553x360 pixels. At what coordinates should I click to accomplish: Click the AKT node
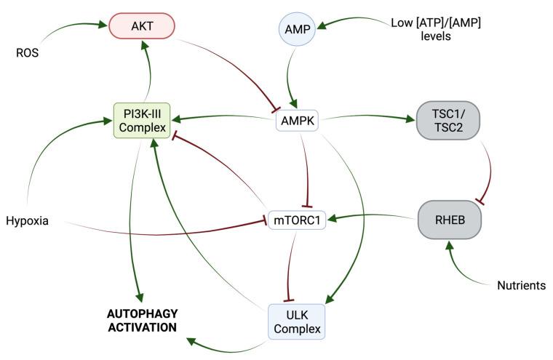click(142, 25)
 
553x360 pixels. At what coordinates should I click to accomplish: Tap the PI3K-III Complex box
click(142, 121)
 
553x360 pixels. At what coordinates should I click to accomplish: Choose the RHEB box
click(449, 217)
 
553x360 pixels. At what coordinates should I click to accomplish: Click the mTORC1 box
click(297, 218)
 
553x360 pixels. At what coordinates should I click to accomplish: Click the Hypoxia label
click(27, 220)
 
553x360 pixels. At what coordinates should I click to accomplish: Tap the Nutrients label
click(521, 286)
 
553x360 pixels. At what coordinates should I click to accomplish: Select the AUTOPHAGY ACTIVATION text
click(142, 320)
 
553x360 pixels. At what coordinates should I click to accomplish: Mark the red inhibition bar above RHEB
click(480, 199)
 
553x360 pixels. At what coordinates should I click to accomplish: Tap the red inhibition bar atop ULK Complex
click(290, 299)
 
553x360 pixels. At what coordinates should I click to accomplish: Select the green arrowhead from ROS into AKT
click(103, 25)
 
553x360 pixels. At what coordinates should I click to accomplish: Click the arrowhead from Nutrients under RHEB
click(450, 245)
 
